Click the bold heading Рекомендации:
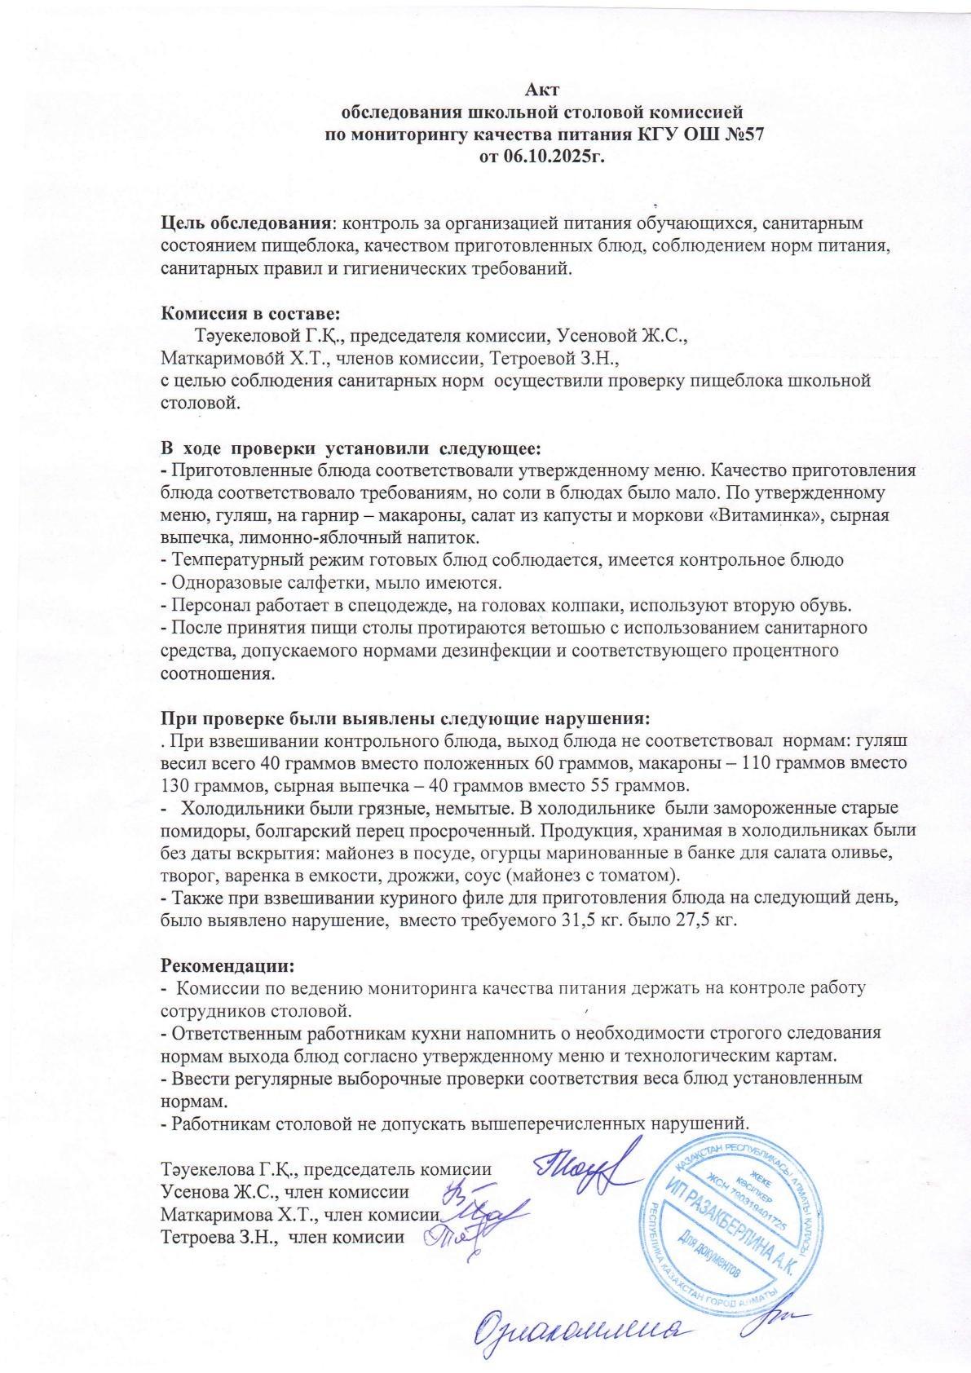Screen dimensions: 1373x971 pyautogui.click(x=227, y=965)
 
